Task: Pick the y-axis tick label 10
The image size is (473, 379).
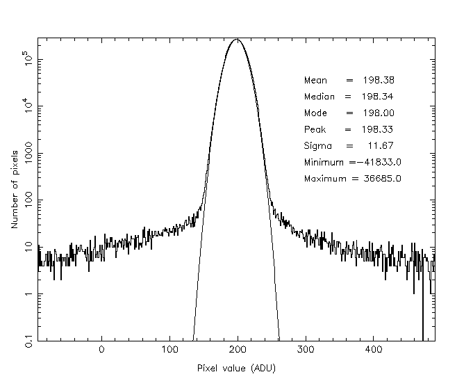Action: pyautogui.click(x=28, y=245)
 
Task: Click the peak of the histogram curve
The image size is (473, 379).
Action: pyautogui.click(x=238, y=40)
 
